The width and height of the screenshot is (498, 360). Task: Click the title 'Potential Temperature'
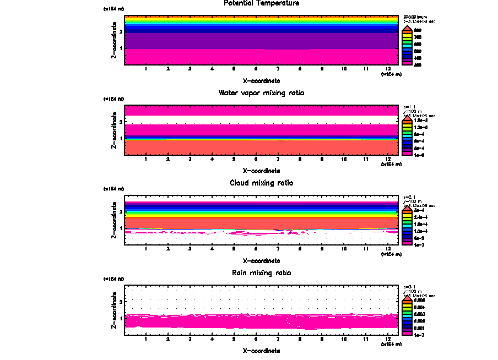(x=262, y=3)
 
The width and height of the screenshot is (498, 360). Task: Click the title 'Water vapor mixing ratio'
(x=262, y=93)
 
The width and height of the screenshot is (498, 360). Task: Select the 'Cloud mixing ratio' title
(x=262, y=183)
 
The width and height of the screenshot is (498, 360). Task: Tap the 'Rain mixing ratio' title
(x=262, y=273)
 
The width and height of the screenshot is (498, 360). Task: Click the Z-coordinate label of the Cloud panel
(x=114, y=221)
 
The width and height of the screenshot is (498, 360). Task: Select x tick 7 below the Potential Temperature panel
(x=278, y=69)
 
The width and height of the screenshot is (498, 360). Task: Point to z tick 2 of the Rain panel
(x=121, y=302)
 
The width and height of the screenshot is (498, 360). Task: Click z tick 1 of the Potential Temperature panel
(x=121, y=48)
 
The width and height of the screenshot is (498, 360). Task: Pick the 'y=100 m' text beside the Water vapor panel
(x=413, y=112)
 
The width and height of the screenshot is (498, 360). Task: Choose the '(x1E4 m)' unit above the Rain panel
(x=114, y=279)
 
